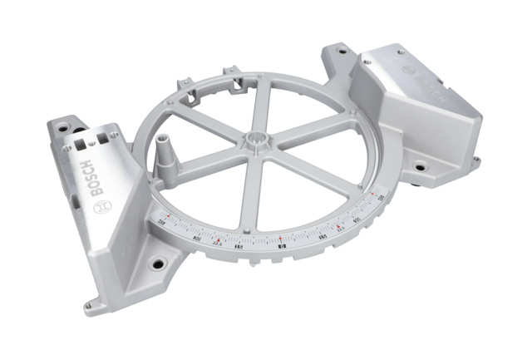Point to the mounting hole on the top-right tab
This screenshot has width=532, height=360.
[x=341, y=51]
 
